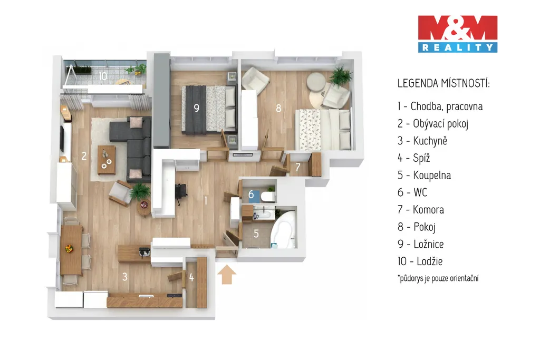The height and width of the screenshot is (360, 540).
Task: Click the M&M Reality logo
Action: coord(458,34)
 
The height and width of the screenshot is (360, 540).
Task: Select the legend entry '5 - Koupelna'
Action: coord(424,175)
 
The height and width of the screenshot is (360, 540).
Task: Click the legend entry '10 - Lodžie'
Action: coord(420,261)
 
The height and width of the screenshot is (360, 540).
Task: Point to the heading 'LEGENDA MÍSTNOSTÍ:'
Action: coord(443,83)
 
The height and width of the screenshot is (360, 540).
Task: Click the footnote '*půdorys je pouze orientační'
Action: coord(438,278)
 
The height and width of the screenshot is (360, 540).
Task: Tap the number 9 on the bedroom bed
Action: coord(196,108)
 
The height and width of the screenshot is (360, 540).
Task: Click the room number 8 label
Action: coord(278,108)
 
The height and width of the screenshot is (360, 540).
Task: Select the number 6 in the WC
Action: coord(251,194)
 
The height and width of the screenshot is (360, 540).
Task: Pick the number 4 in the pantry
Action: coord(191,277)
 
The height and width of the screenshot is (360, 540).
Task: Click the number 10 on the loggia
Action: coord(103,76)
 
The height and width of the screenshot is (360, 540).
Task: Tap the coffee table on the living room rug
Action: coord(107,160)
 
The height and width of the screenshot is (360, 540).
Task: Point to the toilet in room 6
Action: coord(268,197)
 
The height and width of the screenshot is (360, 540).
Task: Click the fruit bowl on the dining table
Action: coord(70,248)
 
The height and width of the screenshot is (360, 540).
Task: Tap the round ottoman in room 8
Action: coord(316,82)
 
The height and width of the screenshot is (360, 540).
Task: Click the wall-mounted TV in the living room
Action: coord(62,139)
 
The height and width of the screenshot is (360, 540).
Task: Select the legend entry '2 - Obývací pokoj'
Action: coord(433,123)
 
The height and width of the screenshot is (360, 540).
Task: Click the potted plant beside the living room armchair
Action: coord(140,191)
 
